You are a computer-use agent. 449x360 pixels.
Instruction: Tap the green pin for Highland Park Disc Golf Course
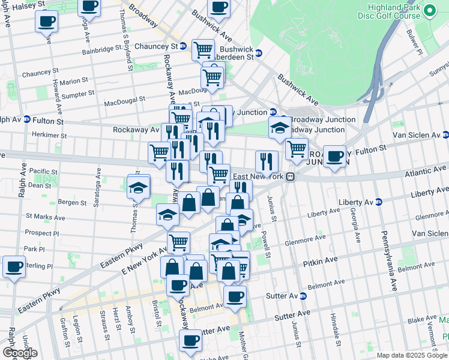pos(430,11)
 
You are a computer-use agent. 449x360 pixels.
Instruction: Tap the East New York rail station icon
pos(290,176)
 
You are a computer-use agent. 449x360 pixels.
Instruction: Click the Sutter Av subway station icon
pos(303,296)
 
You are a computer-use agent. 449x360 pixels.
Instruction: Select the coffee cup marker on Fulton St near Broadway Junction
pos(334,157)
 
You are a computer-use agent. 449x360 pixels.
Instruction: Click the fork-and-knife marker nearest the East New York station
pos(267,161)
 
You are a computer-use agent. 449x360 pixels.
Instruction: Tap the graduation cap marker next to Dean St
pos(139,187)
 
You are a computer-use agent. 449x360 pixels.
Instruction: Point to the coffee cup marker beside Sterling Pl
pos(14,267)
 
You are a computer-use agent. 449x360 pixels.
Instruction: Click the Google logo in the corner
pos(19,352)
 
